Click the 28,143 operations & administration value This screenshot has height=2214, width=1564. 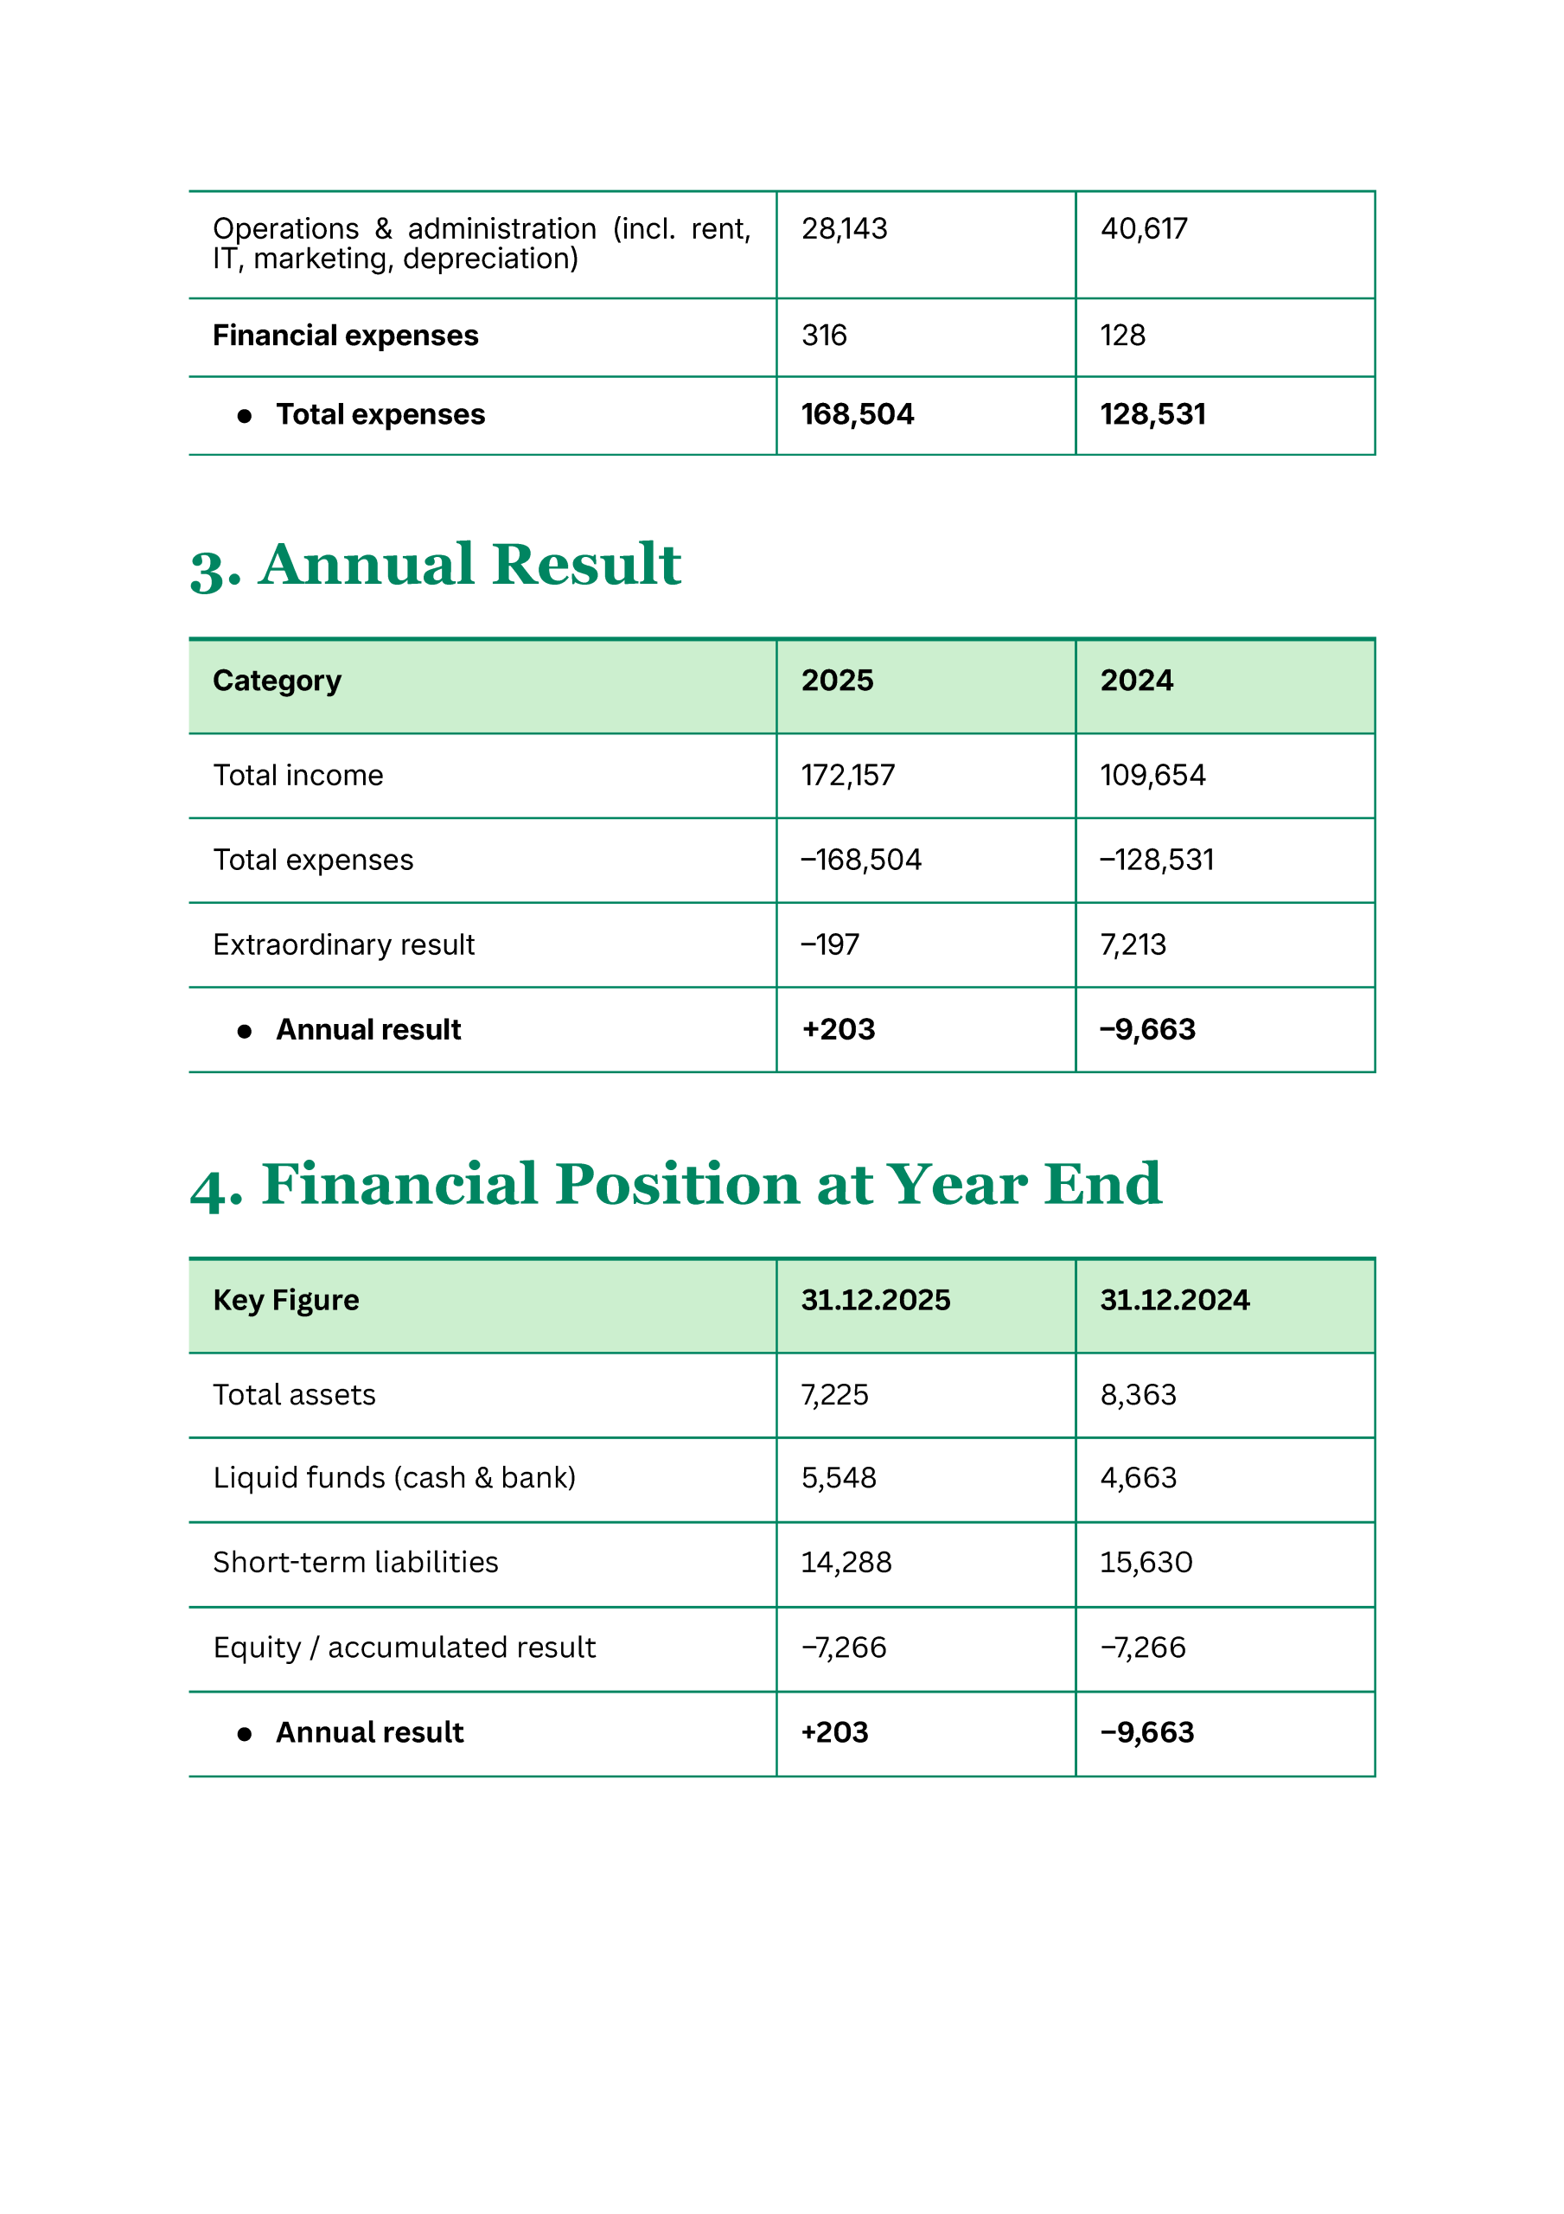pos(844,228)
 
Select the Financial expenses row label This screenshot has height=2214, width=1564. pos(345,336)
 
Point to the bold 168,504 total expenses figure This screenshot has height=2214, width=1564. pos(857,414)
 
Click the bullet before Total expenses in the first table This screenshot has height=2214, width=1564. pos(244,416)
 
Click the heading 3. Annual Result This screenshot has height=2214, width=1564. pos(435,565)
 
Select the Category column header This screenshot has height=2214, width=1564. pos(277,681)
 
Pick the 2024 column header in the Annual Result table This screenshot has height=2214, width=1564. pos(1136,681)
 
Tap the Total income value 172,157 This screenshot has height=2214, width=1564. pos(847,775)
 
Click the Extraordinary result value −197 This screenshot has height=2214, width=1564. pos(829,945)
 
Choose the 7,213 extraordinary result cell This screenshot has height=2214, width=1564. pos(1133,945)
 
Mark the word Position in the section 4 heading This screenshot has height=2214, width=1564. pos(677,1184)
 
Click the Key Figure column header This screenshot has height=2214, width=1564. pos(285,1300)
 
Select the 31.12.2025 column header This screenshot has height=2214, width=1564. pos(875,1300)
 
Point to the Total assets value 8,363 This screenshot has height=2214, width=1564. pos(1138,1395)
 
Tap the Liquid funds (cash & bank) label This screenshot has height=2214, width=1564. pos(393,1478)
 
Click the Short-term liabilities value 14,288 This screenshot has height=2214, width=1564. pos(846,1562)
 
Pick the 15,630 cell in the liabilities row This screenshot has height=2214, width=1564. pos(1146,1562)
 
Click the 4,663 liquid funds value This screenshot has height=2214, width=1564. pos(1138,1478)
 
